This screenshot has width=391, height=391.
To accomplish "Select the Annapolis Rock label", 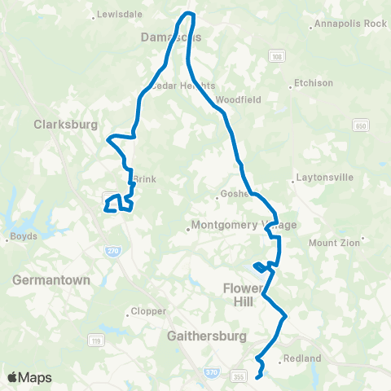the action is pyautogui.click(x=351, y=24).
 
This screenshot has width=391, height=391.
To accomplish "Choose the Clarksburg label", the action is pyautogui.click(x=66, y=125).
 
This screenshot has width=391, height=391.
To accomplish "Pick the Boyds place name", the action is pyautogui.click(x=20, y=238).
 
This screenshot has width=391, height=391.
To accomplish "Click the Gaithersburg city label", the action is pyautogui.click(x=200, y=335).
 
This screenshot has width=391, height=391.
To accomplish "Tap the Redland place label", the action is pyautogui.click(x=301, y=358).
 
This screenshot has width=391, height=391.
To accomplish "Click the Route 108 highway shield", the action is pyautogui.click(x=278, y=55).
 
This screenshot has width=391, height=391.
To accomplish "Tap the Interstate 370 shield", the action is pyautogui.click(x=209, y=371).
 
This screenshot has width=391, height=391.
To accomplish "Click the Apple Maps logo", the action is pyautogui.click(x=29, y=377).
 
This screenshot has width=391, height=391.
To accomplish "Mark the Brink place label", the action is pyautogui.click(x=143, y=179).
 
